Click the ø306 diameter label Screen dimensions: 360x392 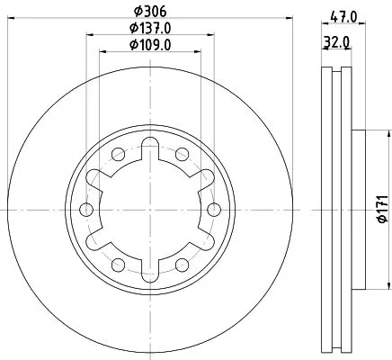tap(150, 12)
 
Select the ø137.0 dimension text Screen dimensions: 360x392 tap(150, 29)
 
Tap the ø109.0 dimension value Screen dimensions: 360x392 tap(150, 45)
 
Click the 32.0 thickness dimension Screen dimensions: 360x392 tap(337, 42)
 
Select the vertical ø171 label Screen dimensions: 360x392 tap(380, 209)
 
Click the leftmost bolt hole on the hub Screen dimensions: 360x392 tap(86, 210)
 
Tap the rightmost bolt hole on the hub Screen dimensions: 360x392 tap(213, 210)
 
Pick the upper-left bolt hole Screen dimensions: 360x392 tap(118, 155)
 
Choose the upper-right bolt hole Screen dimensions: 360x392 tap(182, 155)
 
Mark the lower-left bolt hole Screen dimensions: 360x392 tap(118, 265)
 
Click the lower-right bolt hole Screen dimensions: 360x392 tap(182, 265)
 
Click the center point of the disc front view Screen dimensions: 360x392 tap(150, 210)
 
